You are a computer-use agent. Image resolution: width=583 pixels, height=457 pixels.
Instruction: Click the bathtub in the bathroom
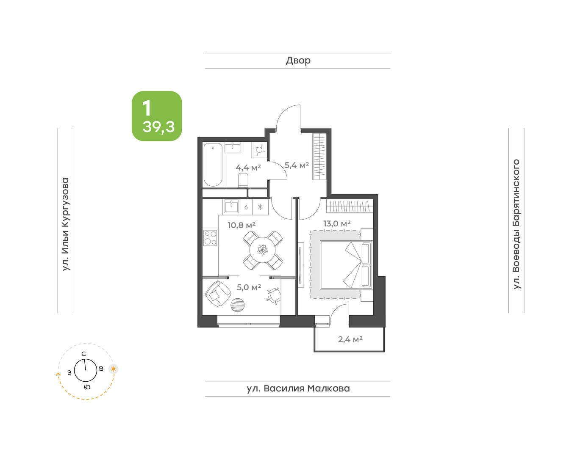(x=213, y=165)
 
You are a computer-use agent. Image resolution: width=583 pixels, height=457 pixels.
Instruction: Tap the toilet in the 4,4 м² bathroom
(x=243, y=180)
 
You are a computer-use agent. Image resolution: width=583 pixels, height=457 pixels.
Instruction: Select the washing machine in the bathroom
(x=259, y=150)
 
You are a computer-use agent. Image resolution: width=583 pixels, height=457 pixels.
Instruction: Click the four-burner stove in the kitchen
(x=210, y=238)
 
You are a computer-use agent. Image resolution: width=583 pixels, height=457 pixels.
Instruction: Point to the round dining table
(x=262, y=251)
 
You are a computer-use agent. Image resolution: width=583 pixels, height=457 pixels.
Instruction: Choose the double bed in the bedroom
(x=346, y=264)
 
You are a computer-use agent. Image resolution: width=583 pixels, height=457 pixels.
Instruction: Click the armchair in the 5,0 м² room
(x=218, y=294)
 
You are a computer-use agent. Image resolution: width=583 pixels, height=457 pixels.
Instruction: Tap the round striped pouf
(x=238, y=305)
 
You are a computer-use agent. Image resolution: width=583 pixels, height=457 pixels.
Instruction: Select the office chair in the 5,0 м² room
(x=274, y=296)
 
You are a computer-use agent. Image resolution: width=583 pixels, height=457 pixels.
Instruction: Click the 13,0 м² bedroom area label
(x=337, y=223)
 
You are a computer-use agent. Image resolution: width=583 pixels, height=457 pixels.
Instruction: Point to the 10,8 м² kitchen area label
(x=242, y=225)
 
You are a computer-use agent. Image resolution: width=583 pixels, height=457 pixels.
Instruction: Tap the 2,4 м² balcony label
(x=350, y=339)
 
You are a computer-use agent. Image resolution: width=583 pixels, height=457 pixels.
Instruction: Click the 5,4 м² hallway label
(x=297, y=165)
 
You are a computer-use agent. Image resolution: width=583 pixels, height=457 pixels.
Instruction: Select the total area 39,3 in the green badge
(x=158, y=127)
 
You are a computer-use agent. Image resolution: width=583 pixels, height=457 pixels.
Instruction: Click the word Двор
(x=298, y=61)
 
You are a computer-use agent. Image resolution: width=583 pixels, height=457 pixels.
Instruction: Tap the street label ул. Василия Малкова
(x=298, y=388)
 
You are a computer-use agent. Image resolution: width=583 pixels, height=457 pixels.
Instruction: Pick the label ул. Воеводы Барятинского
(x=516, y=224)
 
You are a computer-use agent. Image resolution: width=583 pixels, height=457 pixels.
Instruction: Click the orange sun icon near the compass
(x=114, y=369)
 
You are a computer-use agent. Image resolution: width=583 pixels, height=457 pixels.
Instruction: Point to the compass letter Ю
(x=87, y=387)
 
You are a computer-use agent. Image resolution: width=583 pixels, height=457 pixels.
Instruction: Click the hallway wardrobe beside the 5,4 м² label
(x=319, y=157)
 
